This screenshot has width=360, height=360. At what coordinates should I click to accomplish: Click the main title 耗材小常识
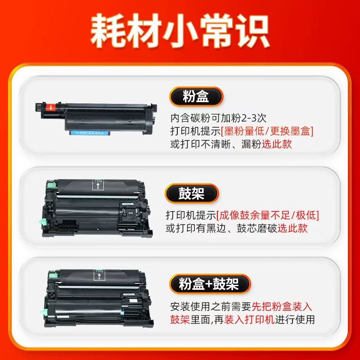tap(180, 31)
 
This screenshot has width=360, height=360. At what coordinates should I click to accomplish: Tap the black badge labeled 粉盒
tap(196, 96)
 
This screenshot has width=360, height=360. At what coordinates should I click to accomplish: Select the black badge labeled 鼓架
tap(192, 193)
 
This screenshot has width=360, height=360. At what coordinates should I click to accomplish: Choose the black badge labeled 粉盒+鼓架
tap(210, 284)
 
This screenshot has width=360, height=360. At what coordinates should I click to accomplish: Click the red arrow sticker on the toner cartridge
tap(51, 107)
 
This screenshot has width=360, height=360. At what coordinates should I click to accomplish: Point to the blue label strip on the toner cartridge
tap(90, 133)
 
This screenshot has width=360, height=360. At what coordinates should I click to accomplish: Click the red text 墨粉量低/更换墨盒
tap(267, 131)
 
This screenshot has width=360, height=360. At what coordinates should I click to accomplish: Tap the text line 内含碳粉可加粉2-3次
tap(218, 118)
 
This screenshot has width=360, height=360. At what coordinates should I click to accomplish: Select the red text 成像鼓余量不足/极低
tap(267, 216)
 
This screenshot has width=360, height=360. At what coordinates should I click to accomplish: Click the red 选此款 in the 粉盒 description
tap(277, 144)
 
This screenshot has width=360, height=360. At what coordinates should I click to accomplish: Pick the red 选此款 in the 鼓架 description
tap(292, 228)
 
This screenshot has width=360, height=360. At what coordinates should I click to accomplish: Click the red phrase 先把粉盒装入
tap(282, 306)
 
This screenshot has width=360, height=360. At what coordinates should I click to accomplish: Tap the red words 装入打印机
tap(249, 319)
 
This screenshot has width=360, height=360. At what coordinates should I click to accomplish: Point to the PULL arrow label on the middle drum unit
tap(98, 185)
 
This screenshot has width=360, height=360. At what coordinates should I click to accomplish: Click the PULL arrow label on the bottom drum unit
tap(99, 275)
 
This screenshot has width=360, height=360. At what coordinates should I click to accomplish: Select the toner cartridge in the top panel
tap(96, 118)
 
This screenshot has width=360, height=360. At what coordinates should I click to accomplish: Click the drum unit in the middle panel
tap(96, 208)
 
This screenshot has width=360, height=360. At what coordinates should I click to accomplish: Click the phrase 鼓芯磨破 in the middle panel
tap(257, 228)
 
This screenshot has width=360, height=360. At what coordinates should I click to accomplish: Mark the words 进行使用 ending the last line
tap(295, 319)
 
